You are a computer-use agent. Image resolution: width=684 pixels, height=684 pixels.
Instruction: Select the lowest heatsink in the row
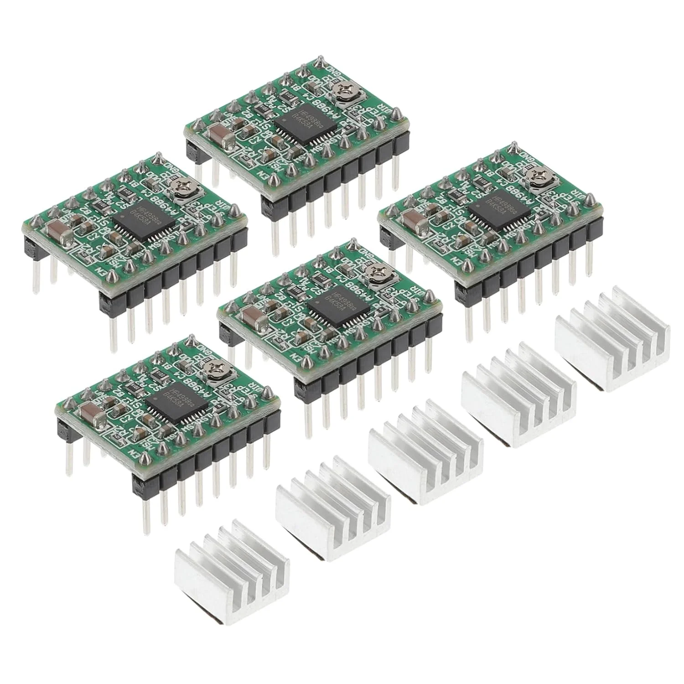(x=232, y=552)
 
